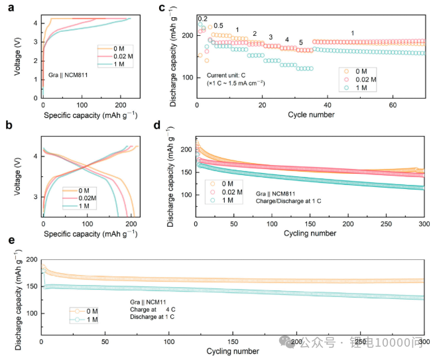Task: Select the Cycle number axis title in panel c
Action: [310, 115]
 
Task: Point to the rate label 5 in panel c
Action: [300, 42]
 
